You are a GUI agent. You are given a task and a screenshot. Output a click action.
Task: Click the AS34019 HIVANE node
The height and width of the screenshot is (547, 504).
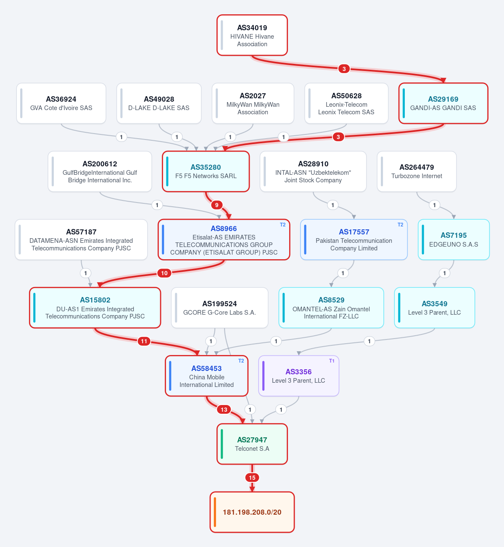tap(252, 35)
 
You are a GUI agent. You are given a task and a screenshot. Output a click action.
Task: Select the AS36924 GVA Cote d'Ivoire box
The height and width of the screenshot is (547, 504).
tap(61, 103)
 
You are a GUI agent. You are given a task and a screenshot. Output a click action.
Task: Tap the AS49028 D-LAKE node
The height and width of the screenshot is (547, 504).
tap(159, 103)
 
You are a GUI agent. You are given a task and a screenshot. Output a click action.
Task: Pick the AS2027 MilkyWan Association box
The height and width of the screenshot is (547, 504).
tap(253, 103)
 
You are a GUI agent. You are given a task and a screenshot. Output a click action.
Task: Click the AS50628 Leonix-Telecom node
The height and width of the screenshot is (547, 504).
tap(346, 103)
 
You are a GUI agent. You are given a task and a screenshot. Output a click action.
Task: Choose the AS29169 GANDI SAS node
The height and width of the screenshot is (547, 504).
tap(443, 103)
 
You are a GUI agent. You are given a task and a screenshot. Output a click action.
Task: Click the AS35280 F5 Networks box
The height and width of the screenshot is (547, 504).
tap(206, 171)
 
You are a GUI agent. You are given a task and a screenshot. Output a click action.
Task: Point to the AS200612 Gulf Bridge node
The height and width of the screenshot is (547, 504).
tap(100, 171)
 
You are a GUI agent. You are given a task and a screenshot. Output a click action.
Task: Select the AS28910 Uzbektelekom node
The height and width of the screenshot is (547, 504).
tap(313, 171)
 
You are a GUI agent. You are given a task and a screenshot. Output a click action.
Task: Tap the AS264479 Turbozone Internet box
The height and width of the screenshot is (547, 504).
tap(417, 171)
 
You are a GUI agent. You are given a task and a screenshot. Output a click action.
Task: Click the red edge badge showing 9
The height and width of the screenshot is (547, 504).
tap(216, 205)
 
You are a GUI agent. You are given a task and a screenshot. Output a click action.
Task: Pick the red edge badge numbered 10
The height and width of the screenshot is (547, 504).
tap(164, 273)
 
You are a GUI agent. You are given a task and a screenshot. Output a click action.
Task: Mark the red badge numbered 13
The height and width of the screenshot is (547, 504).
tap(224, 410)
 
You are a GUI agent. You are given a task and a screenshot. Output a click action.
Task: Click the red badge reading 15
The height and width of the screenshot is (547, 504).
tap(252, 478)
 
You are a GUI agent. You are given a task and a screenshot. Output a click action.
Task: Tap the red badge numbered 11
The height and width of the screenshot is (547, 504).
tap(144, 341)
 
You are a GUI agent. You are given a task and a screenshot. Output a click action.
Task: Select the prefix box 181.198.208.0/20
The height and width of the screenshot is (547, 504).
tap(252, 512)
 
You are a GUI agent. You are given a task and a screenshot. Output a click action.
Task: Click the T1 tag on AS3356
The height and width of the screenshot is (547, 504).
tap(332, 361)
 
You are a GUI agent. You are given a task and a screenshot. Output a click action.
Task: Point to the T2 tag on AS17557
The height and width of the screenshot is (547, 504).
tap(400, 225)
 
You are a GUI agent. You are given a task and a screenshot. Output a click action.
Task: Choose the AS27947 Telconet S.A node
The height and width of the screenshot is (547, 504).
tap(252, 444)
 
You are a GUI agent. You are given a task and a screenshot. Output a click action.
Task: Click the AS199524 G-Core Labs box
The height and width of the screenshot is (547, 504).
tap(220, 308)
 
